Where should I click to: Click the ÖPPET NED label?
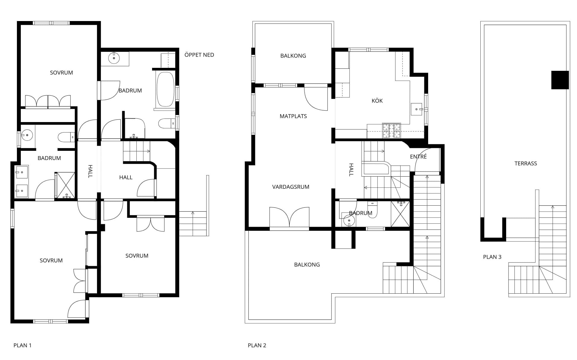pyautogui.click(x=199, y=55)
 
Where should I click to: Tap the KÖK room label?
pyautogui.click(x=377, y=101)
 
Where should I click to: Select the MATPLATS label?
pyautogui.click(x=293, y=116)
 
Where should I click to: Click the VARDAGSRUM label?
pyautogui.click(x=291, y=187)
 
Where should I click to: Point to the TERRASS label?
pyautogui.click(x=526, y=163)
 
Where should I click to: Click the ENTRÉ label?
pyautogui.click(x=418, y=157)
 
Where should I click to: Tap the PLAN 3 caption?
pyautogui.click(x=492, y=257)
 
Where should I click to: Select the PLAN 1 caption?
pyautogui.click(x=23, y=345)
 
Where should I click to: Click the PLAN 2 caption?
pyautogui.click(x=257, y=345)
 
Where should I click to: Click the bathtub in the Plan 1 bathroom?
pyautogui.click(x=165, y=89)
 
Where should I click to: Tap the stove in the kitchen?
pyautogui.click(x=391, y=131)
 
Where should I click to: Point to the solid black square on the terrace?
pyautogui.click(x=560, y=80)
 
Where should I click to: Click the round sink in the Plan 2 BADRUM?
pyautogui.click(x=349, y=220)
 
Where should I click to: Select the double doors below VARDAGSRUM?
pyautogui.click(x=289, y=217)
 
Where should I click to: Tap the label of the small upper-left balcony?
pyautogui.click(x=293, y=56)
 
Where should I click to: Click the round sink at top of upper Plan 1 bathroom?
pyautogui.click(x=114, y=58)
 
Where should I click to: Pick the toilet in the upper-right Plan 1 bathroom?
pyautogui.click(x=167, y=123)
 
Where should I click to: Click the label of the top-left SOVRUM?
pyautogui.click(x=61, y=73)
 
